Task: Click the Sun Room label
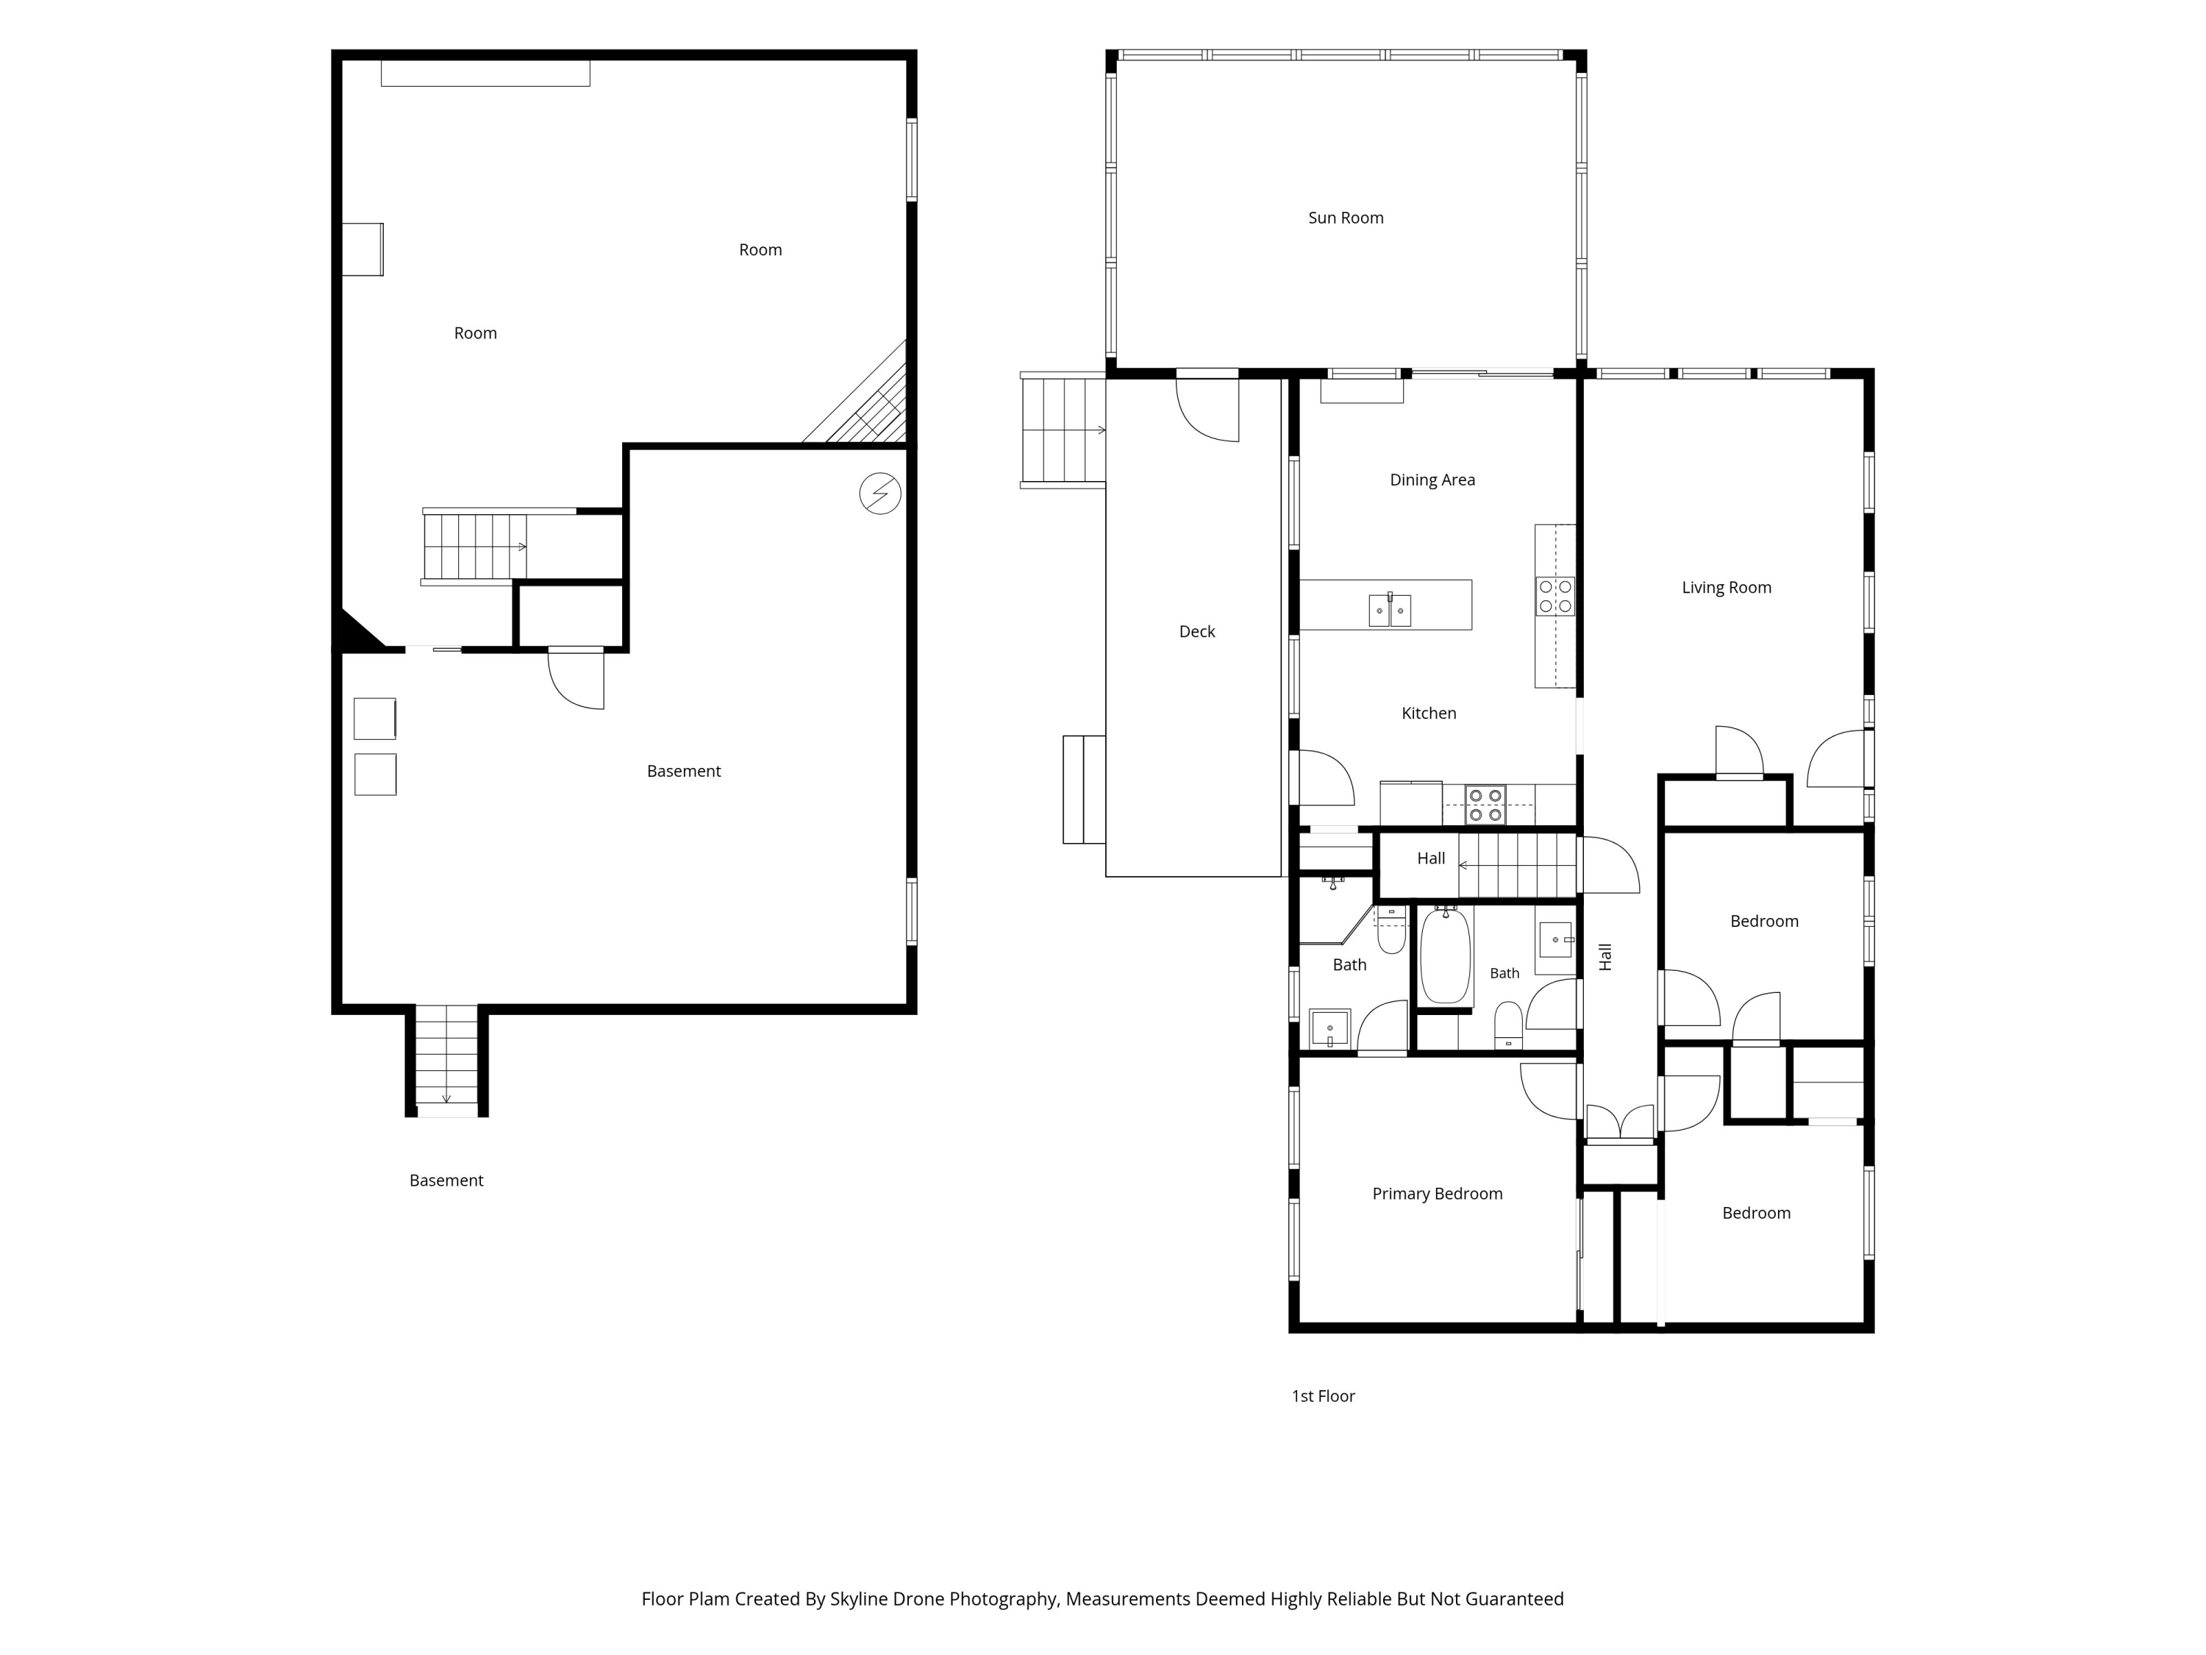click(1346, 218)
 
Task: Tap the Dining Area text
click(1432, 480)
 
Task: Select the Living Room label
click(1727, 588)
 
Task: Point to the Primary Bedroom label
click(1437, 1194)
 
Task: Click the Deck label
click(1196, 631)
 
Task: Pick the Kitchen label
click(1429, 713)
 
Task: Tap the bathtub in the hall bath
click(1445, 955)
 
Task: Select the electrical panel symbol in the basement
click(881, 494)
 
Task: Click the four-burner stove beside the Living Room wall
click(1554, 596)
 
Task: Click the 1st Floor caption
click(1324, 1397)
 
